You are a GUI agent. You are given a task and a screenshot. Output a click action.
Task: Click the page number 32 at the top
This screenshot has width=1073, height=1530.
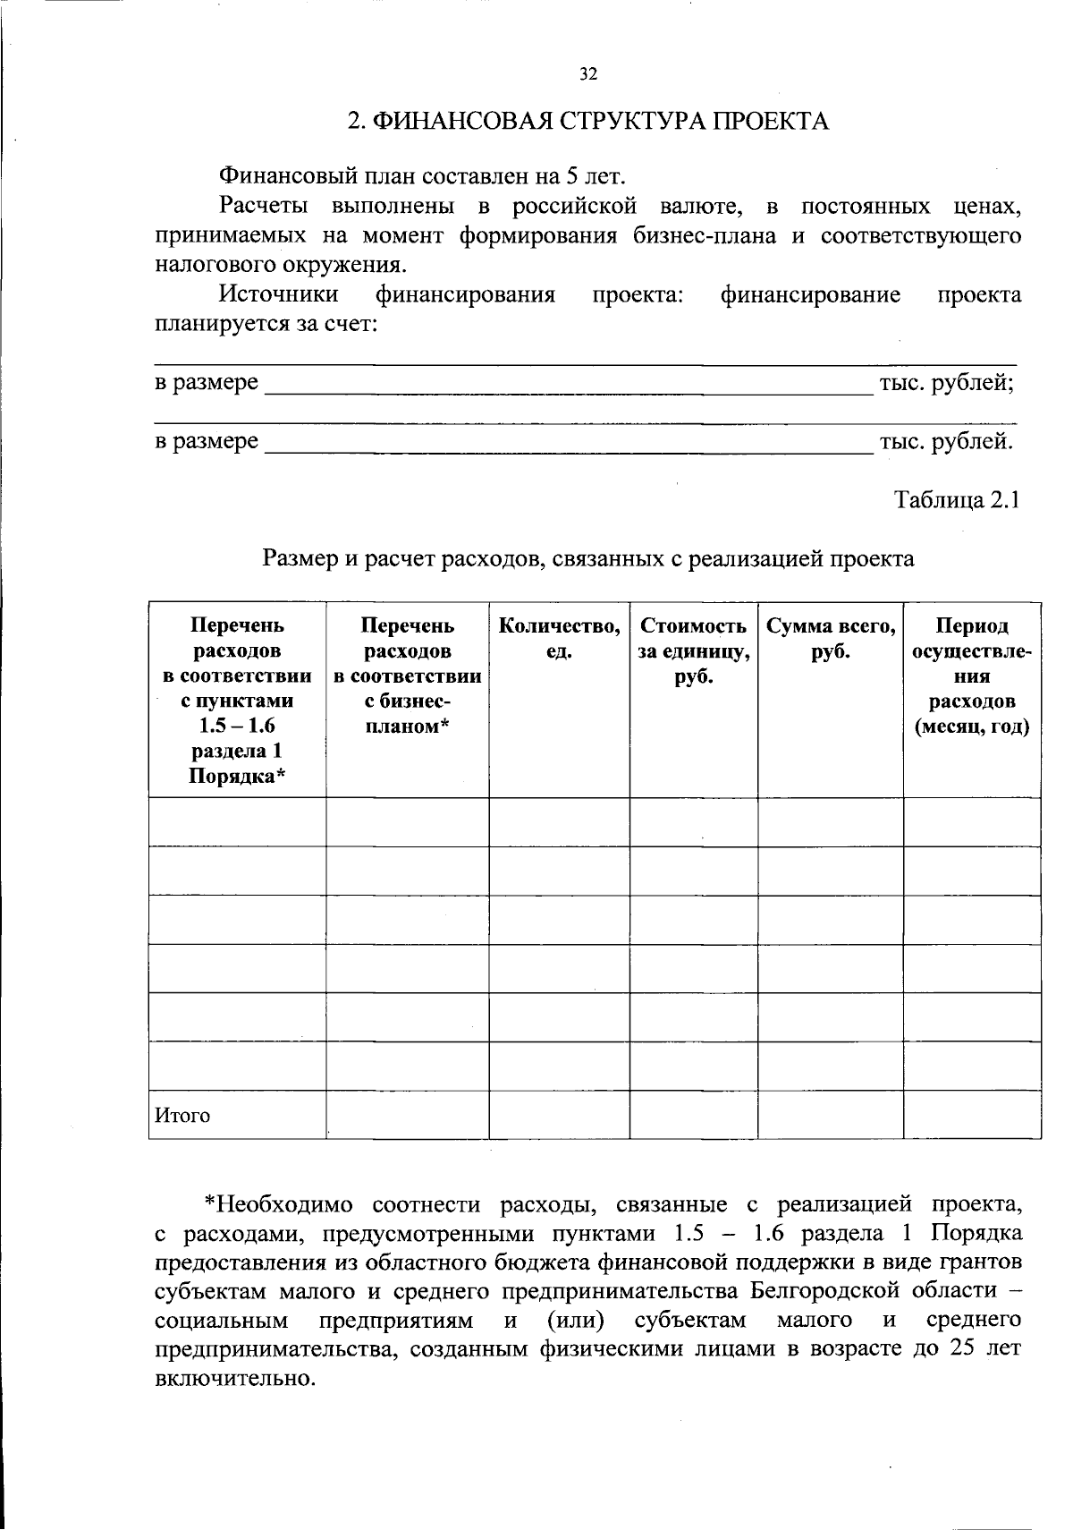(x=587, y=74)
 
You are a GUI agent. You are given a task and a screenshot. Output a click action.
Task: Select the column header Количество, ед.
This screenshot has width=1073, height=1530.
(x=559, y=639)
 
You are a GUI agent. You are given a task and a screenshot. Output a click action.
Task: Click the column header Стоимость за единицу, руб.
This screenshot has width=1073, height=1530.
(x=693, y=651)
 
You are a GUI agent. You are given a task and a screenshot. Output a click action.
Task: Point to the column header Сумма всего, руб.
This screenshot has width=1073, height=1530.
(x=831, y=639)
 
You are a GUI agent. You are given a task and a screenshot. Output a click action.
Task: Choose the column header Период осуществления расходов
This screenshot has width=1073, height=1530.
(x=971, y=676)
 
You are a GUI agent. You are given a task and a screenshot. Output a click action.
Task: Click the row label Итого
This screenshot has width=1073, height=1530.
(x=183, y=1116)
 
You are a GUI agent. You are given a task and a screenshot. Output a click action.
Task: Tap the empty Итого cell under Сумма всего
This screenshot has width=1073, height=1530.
(x=831, y=1115)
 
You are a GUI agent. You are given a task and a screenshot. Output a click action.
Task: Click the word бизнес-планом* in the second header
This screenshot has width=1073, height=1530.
(x=407, y=714)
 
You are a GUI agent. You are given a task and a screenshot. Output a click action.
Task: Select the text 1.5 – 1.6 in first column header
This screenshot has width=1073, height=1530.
(x=237, y=727)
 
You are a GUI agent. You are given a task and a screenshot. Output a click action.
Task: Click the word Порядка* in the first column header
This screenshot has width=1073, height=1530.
(x=237, y=777)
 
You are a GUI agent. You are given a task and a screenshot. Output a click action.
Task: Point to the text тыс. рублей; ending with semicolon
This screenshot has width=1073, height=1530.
(x=946, y=383)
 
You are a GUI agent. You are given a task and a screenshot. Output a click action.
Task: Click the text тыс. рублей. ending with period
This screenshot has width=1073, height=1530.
(x=946, y=441)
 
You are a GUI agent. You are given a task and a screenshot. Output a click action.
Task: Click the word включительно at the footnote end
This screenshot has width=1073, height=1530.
(x=235, y=1378)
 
